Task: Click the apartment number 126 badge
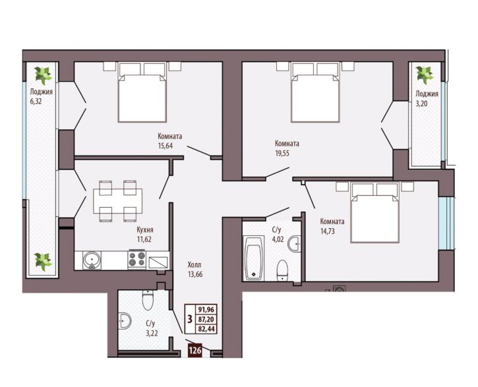tap(194, 351)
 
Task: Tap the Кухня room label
tap(145, 230)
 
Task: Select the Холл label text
tap(194, 265)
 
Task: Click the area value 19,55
tap(282, 153)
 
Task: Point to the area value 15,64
tap(165, 146)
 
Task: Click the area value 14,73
tap(328, 231)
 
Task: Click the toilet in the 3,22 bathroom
tap(148, 300)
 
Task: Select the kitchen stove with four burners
tap(137, 259)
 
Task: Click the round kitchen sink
tap(92, 260)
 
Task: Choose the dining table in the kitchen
tap(117, 201)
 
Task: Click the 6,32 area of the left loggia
tap(36, 102)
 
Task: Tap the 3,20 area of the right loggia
tap(421, 104)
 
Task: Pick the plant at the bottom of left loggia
tap(43, 262)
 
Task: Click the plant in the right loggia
tap(425, 75)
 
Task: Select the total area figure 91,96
tap(206, 310)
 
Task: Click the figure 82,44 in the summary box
tap(206, 329)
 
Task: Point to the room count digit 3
tap(190, 319)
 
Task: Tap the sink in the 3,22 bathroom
tap(125, 320)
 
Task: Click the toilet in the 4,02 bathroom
tap(283, 270)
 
